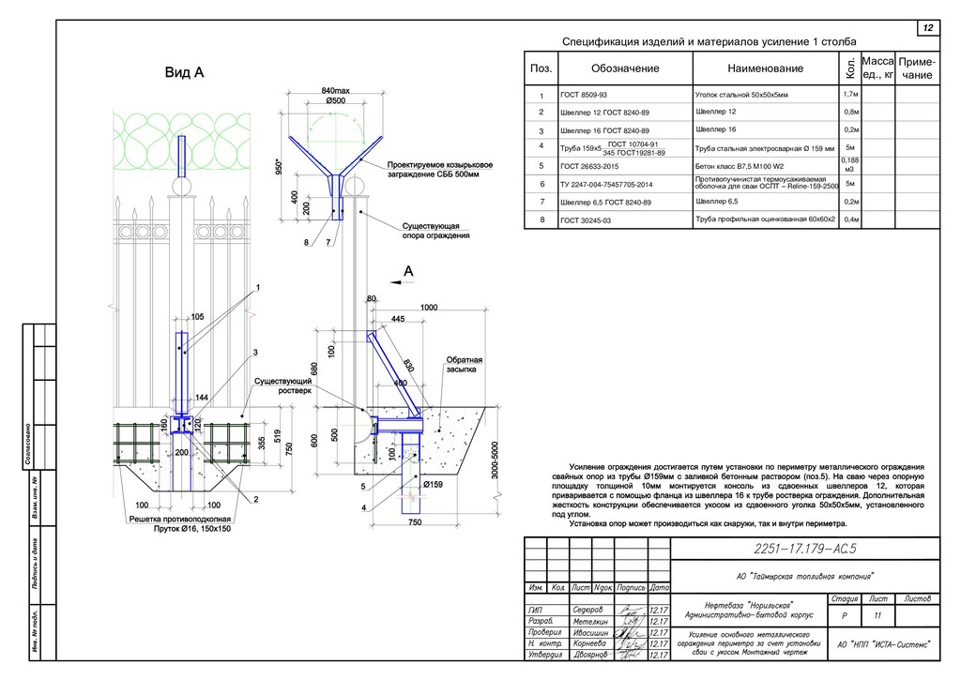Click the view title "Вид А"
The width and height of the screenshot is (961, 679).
coord(185,73)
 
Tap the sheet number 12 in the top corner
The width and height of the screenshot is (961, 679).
coord(927,28)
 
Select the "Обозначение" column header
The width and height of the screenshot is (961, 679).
coord(625,68)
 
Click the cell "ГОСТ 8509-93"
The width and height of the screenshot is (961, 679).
coord(584,96)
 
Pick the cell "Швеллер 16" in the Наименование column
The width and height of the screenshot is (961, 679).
coord(716,128)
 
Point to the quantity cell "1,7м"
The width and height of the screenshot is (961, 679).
coord(849,94)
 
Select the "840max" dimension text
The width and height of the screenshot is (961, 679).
coord(335,89)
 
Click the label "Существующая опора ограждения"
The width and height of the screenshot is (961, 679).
coord(435,231)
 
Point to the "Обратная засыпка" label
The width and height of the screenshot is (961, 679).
coord(464,365)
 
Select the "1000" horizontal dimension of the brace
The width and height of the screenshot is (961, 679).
coord(429,308)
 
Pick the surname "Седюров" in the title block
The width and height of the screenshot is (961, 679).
coord(588,610)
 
